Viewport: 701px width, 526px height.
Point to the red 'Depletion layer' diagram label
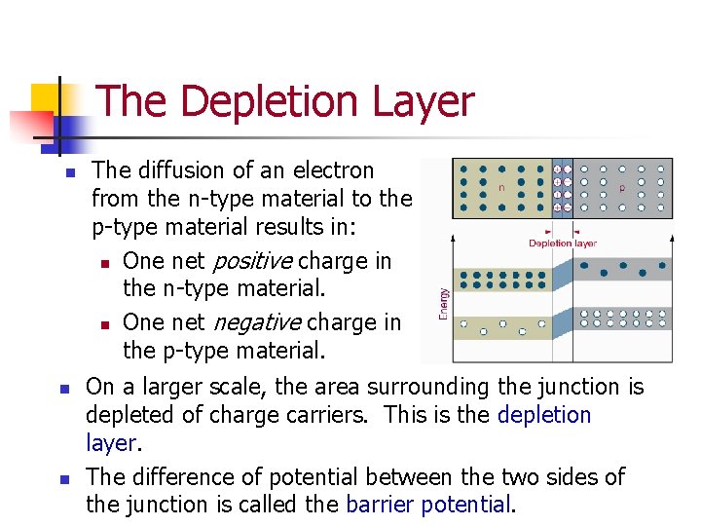tap(563, 244)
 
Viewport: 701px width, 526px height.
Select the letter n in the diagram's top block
tap(500, 187)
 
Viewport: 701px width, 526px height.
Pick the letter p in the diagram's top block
tap(621, 187)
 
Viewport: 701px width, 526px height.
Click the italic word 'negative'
tap(250, 322)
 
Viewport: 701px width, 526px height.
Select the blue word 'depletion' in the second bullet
tap(544, 415)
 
